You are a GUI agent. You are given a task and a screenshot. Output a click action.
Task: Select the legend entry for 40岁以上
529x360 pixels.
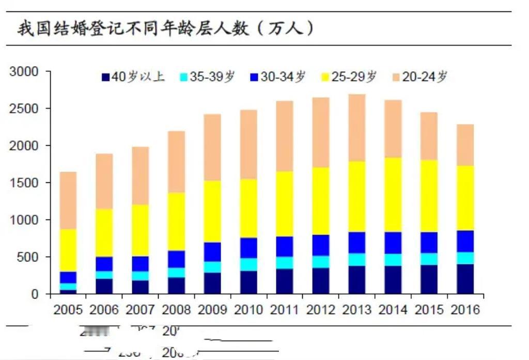click(x=133, y=77)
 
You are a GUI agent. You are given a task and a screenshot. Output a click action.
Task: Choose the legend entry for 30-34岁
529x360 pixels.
click(x=277, y=77)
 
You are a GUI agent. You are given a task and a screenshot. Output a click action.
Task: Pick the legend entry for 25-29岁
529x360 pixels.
click(x=349, y=77)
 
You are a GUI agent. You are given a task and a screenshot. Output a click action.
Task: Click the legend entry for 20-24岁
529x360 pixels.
click(x=419, y=77)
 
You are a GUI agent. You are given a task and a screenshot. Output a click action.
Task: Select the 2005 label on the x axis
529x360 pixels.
click(x=68, y=310)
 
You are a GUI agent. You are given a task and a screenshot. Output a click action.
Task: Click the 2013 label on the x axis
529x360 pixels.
click(x=357, y=310)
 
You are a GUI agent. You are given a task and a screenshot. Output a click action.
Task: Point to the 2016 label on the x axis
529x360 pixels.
click(x=465, y=310)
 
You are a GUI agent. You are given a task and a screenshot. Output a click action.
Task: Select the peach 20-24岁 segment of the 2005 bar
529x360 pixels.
click(x=68, y=200)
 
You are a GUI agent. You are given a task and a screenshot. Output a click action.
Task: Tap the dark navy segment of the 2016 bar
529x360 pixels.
click(x=465, y=279)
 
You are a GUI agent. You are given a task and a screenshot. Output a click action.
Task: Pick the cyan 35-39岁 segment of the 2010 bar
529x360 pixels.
click(x=248, y=264)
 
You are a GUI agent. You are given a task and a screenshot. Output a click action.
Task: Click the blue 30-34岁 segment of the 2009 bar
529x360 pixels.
click(x=212, y=252)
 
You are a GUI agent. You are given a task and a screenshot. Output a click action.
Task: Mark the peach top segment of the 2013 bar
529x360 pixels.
click(x=357, y=128)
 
